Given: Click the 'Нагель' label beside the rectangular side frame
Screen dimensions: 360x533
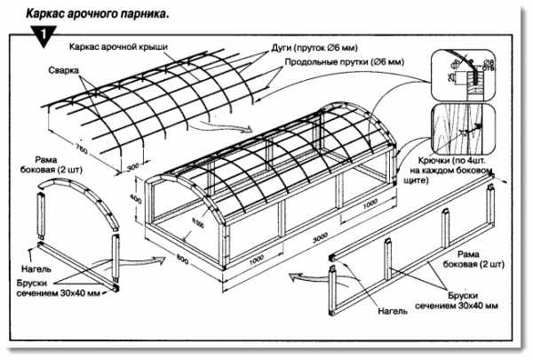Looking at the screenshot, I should (391, 312).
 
